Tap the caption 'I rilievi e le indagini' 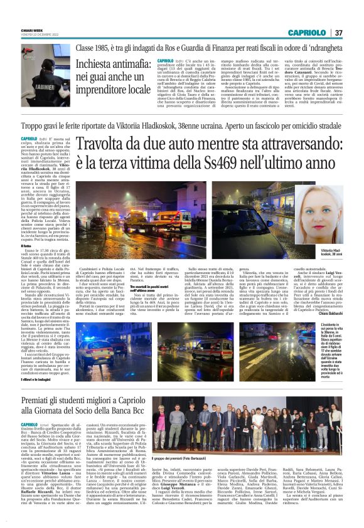click(36, 380)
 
